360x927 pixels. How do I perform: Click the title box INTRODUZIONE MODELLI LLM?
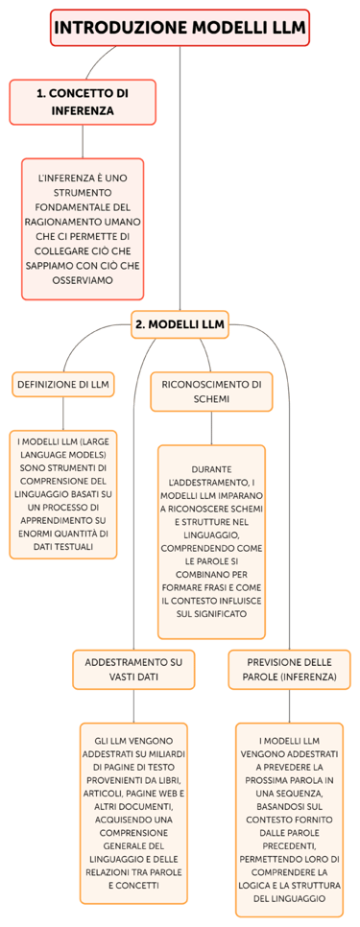pos(180,29)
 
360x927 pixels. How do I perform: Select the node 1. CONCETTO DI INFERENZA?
pos(83,102)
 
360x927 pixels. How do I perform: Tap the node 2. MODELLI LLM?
pos(180,324)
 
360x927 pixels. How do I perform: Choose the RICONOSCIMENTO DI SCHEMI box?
pos(211,392)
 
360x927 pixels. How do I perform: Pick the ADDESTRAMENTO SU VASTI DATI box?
pos(133,669)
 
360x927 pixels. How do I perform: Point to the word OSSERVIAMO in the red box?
pos(83,280)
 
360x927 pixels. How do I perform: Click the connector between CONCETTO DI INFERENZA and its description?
pos(83,141)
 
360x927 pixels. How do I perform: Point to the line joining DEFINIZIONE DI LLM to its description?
pos(63,411)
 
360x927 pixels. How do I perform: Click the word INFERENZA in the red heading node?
pos(83,110)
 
